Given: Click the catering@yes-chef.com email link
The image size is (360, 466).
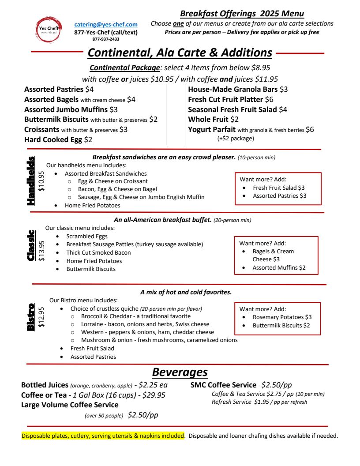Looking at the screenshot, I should [106, 25].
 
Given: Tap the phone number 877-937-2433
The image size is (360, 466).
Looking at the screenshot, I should [106, 39].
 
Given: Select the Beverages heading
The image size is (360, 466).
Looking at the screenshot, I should [180, 372].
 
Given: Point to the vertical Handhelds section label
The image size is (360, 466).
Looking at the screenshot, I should [31, 181].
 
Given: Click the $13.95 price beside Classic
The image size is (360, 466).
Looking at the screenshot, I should [41, 251].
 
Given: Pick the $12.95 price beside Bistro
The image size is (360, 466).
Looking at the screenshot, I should [41, 316].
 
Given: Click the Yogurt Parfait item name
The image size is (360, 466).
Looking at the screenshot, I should [212, 130].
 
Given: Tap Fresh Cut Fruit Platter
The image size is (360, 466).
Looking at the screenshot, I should [225, 99].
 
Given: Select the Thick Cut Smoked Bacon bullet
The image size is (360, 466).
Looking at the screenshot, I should [98, 253].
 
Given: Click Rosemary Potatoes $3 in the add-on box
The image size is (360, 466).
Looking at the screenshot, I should [282, 317].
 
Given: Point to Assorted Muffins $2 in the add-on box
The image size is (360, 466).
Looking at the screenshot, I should [279, 267].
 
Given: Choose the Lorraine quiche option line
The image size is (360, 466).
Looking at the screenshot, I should [145, 324].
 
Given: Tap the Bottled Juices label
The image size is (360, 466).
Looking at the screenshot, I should [45, 385].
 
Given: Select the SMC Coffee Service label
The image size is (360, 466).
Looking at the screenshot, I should [223, 385].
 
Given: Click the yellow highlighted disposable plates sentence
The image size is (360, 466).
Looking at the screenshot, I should [103, 436].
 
